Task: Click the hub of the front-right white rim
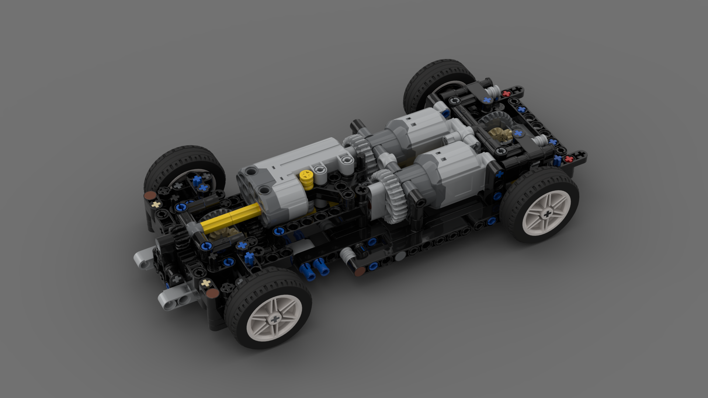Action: [274, 319]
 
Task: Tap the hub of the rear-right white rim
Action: [547, 214]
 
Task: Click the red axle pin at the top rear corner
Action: [507, 94]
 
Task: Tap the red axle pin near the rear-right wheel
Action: [569, 159]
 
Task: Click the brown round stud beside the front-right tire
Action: [212, 293]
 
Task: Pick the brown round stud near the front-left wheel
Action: [149, 196]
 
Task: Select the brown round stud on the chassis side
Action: [360, 271]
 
